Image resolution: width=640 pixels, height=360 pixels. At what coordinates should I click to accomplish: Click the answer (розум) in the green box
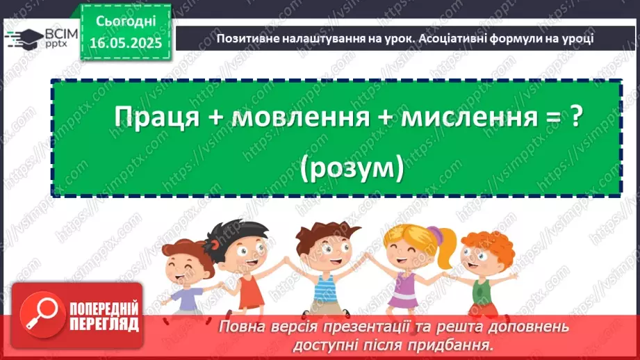pyautogui.click(x=353, y=167)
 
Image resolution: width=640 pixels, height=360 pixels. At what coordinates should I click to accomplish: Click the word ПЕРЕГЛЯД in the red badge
pyautogui.click(x=102, y=323)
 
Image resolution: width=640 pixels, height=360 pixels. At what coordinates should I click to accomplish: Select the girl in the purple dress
pyautogui.click(x=404, y=271)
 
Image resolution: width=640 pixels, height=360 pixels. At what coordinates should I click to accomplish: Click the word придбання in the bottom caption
pyautogui.click(x=465, y=344)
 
